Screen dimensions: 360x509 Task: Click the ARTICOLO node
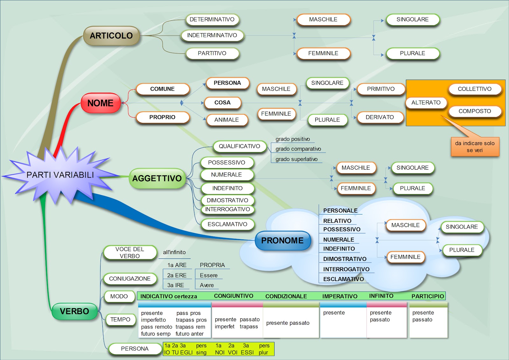(111, 36)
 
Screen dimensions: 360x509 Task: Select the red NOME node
(101, 103)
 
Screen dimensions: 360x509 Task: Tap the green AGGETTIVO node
(157, 178)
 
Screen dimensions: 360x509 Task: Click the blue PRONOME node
(282, 241)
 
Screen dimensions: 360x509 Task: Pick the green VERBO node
(74, 311)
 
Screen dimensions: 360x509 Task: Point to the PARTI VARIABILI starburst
(60, 175)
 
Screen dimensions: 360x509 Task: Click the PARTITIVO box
(212, 53)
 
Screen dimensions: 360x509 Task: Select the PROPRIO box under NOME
(162, 117)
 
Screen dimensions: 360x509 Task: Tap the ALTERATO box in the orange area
(426, 102)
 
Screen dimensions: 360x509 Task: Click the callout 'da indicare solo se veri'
(475, 147)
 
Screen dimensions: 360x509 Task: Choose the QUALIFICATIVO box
(239, 146)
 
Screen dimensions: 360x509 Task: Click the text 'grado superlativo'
(296, 159)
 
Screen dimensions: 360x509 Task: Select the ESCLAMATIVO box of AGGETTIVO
(227, 224)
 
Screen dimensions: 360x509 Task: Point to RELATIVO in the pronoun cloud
(337, 221)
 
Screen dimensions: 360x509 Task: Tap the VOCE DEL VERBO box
(130, 253)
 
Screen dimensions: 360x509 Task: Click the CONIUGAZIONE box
(130, 279)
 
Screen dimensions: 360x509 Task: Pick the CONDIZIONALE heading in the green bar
(286, 296)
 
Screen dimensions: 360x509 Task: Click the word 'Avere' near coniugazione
(207, 285)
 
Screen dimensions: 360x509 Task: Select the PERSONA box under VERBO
(135, 349)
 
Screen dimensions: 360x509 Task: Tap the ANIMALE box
(227, 120)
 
